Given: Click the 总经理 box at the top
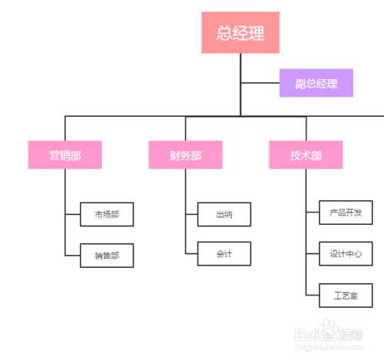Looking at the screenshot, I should (239, 32).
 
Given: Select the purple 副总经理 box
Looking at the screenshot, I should (316, 83).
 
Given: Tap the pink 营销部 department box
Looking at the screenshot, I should (65, 155).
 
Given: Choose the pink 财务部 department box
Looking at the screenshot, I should (186, 155).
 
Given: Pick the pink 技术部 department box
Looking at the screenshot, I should (306, 155).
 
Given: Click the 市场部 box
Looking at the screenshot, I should (107, 214).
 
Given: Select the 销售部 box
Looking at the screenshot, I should (107, 255).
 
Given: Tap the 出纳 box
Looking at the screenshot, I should (224, 214).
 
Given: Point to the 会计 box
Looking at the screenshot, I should (224, 253).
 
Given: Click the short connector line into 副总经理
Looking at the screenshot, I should (260, 83).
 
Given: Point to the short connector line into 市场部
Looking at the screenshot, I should (73, 214).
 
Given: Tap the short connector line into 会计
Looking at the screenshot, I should (191, 253).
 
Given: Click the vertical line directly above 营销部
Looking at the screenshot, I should (65, 128).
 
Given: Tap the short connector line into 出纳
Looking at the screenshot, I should (191, 214).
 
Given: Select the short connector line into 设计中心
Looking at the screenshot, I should (312, 253).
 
